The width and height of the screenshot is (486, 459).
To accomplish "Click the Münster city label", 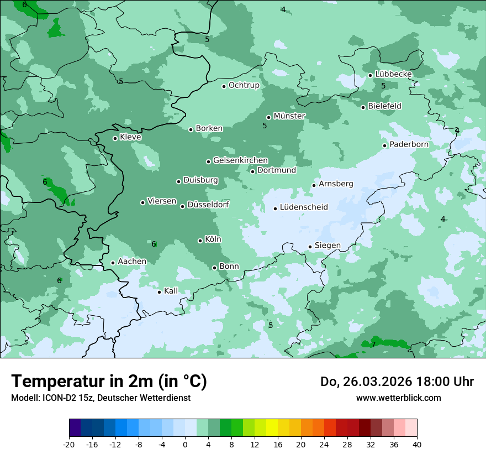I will (x=289, y=116).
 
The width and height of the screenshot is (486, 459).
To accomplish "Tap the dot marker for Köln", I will (x=200, y=241).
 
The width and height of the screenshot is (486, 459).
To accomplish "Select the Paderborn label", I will (x=409, y=144).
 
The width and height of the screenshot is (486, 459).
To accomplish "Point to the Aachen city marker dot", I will (x=113, y=263).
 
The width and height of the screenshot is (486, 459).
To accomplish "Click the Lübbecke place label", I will (x=394, y=74).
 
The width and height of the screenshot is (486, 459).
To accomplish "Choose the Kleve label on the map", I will (x=131, y=137).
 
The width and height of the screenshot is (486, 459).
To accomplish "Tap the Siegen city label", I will (x=327, y=246).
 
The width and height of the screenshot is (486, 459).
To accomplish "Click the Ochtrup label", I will (x=244, y=85).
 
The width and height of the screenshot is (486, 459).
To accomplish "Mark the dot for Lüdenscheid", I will (x=275, y=208).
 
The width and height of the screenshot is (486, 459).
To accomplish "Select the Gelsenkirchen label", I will (x=240, y=160).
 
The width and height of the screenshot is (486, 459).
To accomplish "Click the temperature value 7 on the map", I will (x=373, y=345).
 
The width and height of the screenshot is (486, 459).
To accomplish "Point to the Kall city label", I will (x=171, y=291).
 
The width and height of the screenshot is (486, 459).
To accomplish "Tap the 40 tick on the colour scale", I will (x=416, y=444).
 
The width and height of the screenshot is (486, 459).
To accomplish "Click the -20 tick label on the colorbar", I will (x=69, y=444).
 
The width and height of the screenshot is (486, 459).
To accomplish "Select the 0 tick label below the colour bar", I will (x=185, y=444).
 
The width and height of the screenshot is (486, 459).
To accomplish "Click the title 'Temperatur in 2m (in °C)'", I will (x=109, y=382).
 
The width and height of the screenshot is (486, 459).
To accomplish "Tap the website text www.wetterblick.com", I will (x=399, y=398).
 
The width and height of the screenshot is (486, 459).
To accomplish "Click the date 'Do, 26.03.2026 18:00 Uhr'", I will (x=397, y=382).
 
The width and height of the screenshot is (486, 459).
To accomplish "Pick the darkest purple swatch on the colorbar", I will (x=75, y=428).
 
